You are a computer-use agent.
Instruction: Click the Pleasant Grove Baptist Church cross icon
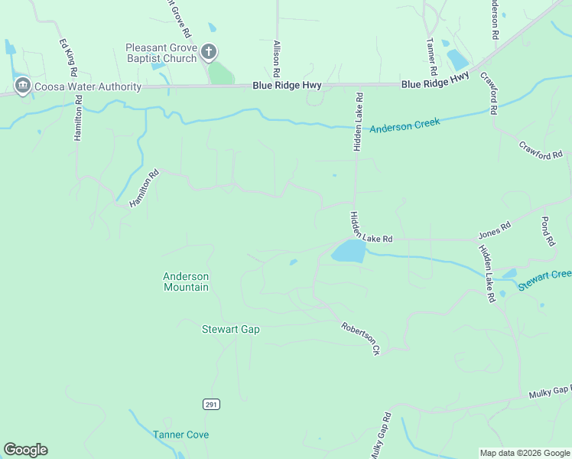[208, 52]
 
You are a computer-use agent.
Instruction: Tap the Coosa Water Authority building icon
[21, 86]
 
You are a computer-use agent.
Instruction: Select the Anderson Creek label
[405, 125]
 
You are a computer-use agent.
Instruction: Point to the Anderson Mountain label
[186, 282]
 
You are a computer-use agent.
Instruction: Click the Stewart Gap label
[230, 329]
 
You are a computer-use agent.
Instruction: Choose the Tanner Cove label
[180, 435]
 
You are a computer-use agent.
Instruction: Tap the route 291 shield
[212, 404]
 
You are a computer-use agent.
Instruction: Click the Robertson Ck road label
[361, 337]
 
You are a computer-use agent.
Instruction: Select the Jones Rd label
[494, 229]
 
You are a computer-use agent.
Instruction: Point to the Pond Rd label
[547, 231]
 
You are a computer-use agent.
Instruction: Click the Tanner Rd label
[431, 51]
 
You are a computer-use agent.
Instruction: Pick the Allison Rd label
[277, 53]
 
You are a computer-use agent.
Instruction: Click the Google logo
[25, 450]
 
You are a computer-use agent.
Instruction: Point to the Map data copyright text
[524, 453]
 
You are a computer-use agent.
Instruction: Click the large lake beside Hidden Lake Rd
[349, 251]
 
